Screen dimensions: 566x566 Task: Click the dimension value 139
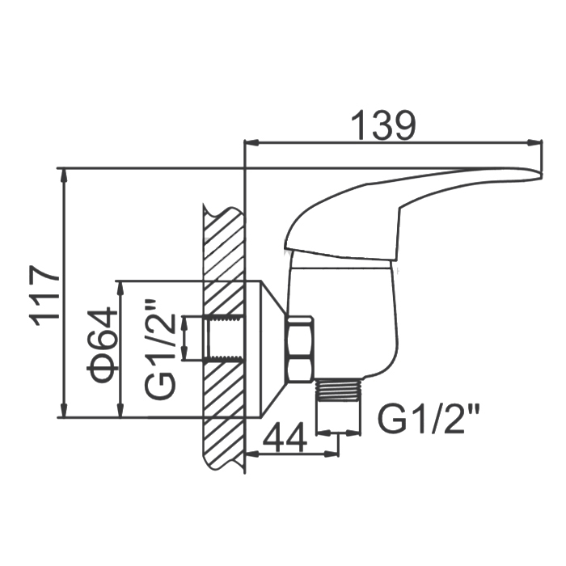click(383, 125)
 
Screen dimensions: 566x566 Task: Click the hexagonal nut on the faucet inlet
click(300, 348)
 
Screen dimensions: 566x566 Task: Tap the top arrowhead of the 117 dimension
click(63, 175)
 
